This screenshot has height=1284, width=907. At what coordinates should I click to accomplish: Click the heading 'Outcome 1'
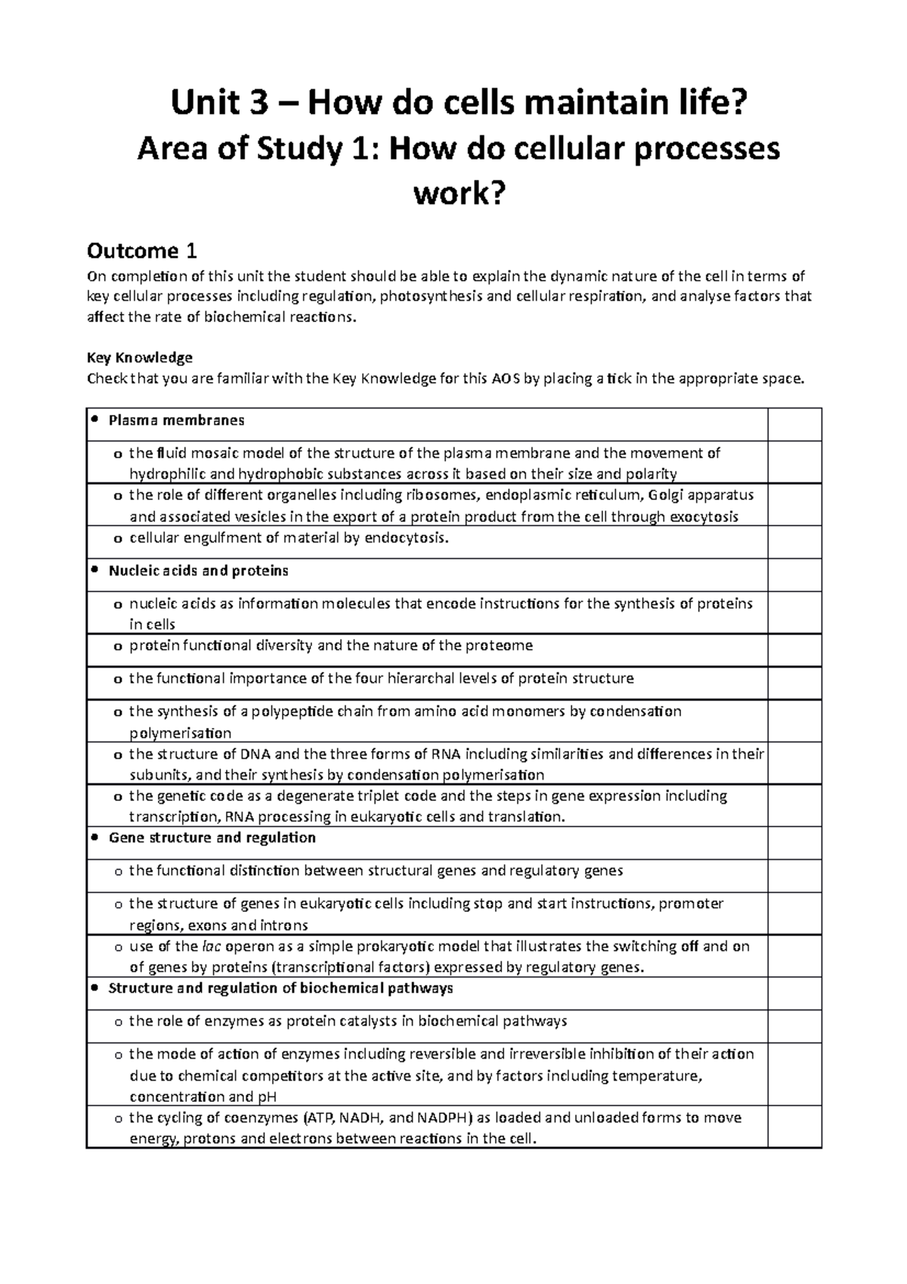[142, 250]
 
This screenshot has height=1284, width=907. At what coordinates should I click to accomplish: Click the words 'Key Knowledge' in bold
[140, 357]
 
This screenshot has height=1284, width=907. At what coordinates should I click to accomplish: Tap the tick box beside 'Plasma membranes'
[794, 424]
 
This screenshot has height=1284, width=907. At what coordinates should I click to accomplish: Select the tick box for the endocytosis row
[794, 541]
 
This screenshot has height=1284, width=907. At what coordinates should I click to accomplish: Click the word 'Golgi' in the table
[659, 496]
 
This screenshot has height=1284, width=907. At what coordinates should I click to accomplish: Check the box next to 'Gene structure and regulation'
[794, 842]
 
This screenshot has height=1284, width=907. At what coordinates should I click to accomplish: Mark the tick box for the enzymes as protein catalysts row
[794, 1026]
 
